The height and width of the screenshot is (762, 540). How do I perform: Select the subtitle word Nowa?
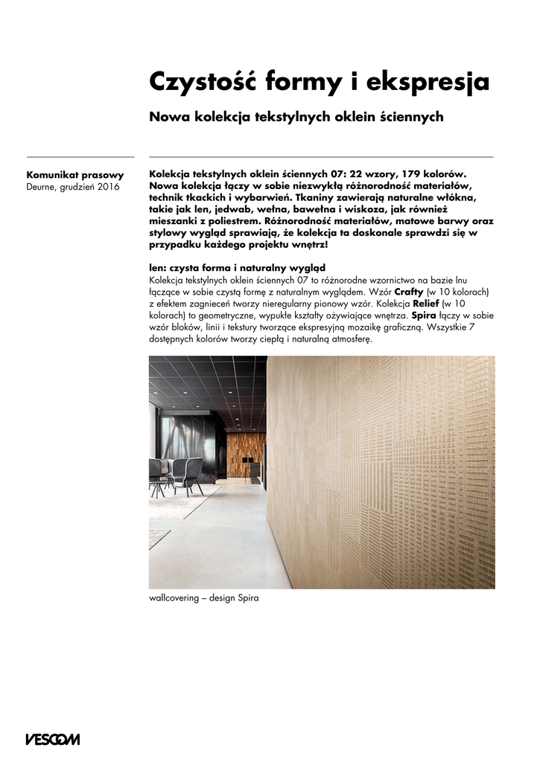(x=169, y=117)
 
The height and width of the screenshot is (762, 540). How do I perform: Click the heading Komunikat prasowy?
(x=74, y=175)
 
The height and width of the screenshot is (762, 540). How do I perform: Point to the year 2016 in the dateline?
(x=108, y=187)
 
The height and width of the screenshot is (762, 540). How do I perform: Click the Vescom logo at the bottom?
(x=53, y=739)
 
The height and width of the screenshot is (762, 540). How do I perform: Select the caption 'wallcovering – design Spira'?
(x=203, y=598)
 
